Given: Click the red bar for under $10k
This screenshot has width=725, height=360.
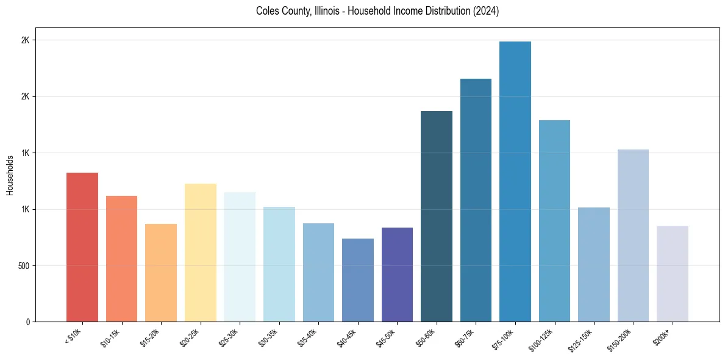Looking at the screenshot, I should [x=82, y=247].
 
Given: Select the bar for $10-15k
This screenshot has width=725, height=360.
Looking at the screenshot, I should [x=121, y=259].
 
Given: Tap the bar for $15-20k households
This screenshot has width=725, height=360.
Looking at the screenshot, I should [x=161, y=273].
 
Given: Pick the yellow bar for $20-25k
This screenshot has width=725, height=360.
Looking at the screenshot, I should [x=200, y=253].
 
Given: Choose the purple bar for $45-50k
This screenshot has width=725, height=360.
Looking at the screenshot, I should [x=397, y=275].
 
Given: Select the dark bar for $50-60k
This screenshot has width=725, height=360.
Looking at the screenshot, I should [x=437, y=217].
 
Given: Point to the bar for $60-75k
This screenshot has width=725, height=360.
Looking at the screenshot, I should [x=476, y=200].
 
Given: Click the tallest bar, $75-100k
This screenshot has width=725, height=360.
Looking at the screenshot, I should [x=515, y=182].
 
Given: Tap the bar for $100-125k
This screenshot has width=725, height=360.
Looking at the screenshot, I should [x=554, y=221].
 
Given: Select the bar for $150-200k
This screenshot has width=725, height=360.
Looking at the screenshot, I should [x=633, y=236].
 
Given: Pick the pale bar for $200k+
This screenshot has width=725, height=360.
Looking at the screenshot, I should [x=673, y=274].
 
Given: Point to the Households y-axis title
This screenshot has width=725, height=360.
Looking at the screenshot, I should [x=10, y=175].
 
